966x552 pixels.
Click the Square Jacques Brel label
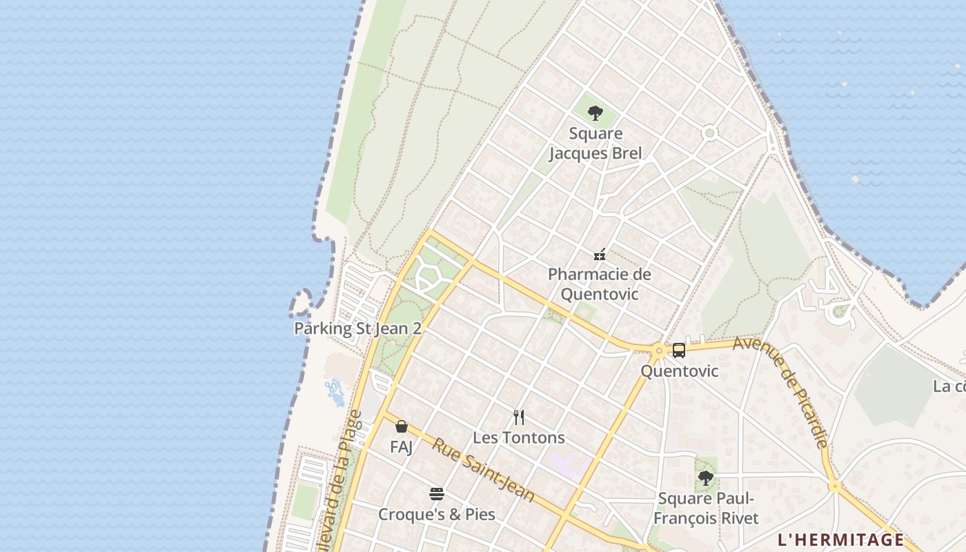(595, 144)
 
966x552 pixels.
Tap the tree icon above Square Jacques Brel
(595, 113)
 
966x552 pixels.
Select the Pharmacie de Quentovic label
(599, 284)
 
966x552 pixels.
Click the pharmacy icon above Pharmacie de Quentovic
(600, 255)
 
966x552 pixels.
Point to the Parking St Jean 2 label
(357, 328)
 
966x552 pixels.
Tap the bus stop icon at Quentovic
(679, 351)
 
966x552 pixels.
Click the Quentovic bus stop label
(679, 371)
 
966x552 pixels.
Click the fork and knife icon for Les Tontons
(519, 417)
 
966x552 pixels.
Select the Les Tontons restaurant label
(519, 437)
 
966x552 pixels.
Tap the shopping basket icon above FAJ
(402, 426)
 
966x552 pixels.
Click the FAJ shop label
(402, 447)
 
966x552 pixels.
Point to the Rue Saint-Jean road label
(483, 470)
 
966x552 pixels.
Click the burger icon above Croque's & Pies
(436, 494)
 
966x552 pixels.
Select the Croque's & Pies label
(436, 515)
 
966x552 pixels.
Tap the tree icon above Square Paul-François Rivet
(705, 477)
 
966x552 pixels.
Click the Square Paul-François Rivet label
(706, 509)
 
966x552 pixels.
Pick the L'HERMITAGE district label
(840, 540)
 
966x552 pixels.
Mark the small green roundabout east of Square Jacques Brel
(709, 133)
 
